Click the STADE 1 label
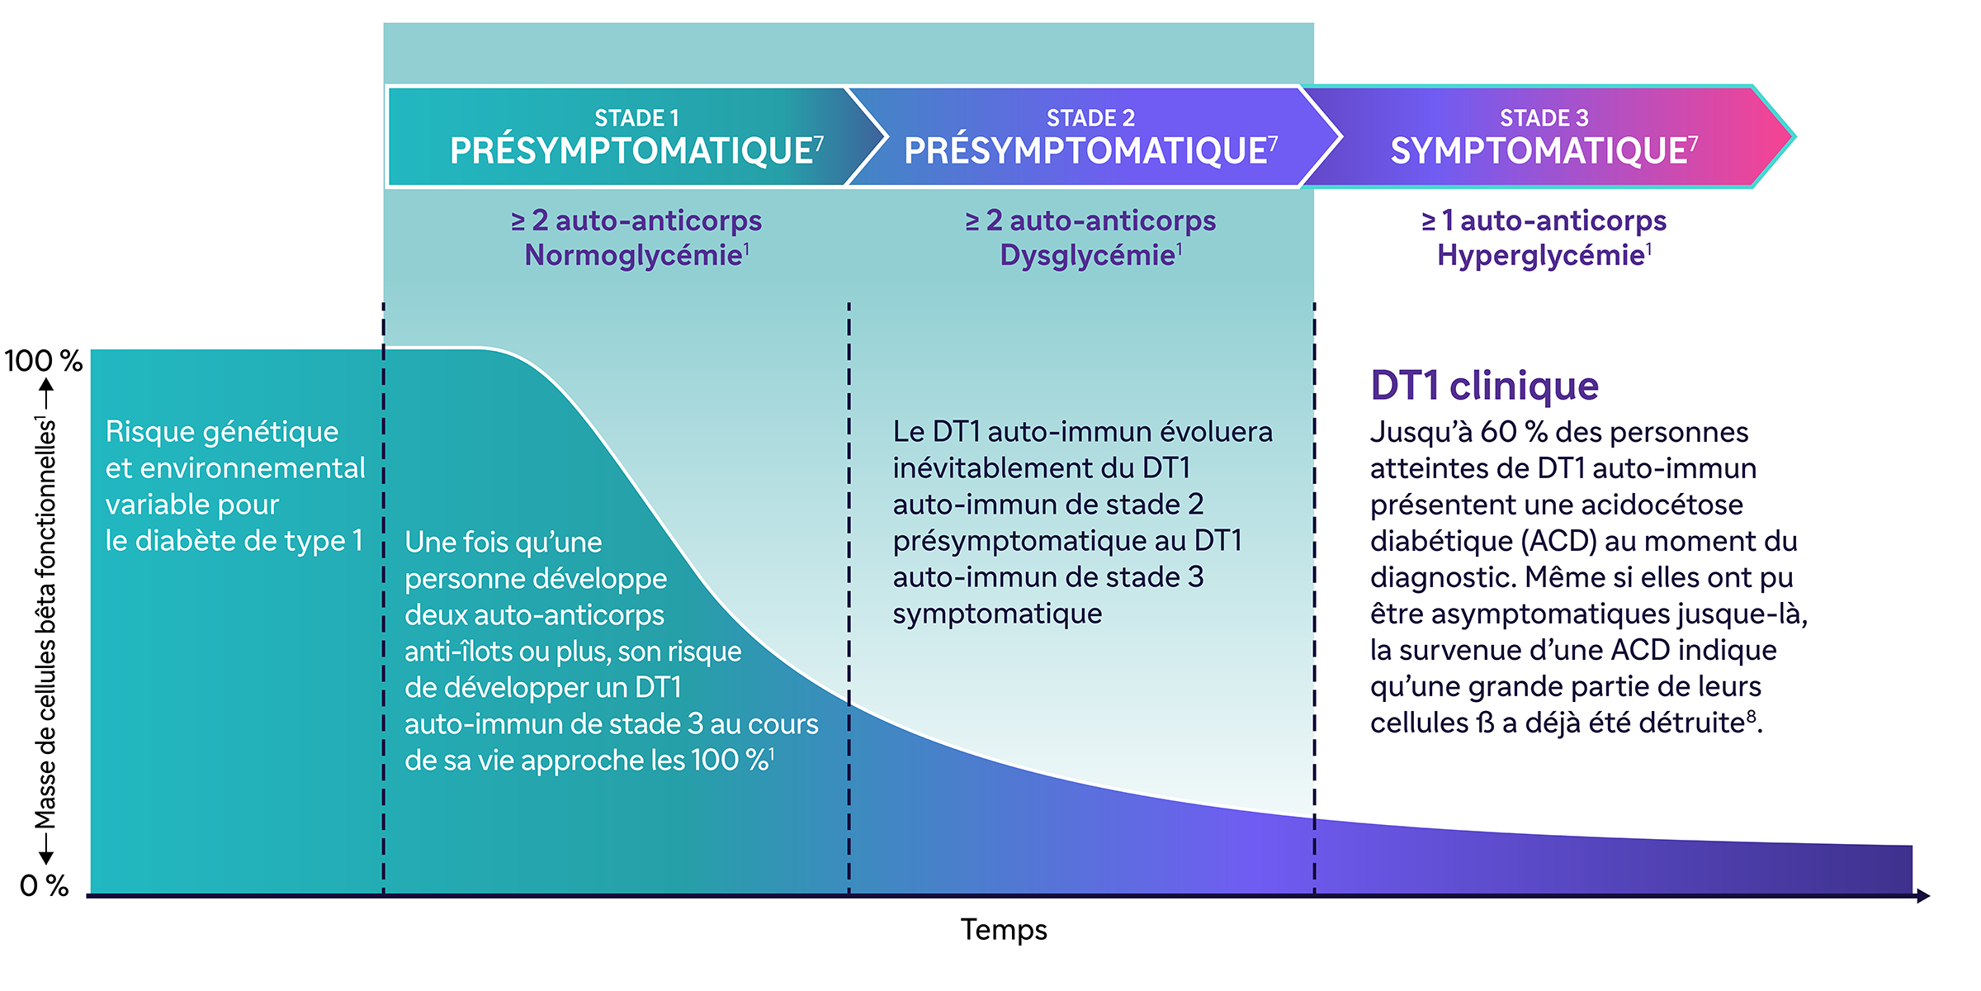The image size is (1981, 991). (x=636, y=118)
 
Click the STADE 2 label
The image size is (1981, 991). (x=1090, y=118)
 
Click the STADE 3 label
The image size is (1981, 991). (x=1544, y=118)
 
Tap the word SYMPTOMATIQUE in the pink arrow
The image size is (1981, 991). (x=1539, y=151)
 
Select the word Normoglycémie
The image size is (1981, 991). (x=633, y=255)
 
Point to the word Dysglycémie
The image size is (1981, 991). (x=1087, y=255)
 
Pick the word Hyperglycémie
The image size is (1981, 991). (x=1540, y=255)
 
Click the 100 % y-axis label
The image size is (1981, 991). (x=43, y=361)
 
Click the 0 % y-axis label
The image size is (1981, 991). (x=44, y=885)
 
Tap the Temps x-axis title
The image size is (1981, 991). (x=1003, y=930)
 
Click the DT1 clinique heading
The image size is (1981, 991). (x=1484, y=386)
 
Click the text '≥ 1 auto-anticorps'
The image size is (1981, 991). (x=1544, y=220)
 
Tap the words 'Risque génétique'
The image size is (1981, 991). (x=221, y=432)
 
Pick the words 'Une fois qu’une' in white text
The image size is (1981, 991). (x=503, y=543)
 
